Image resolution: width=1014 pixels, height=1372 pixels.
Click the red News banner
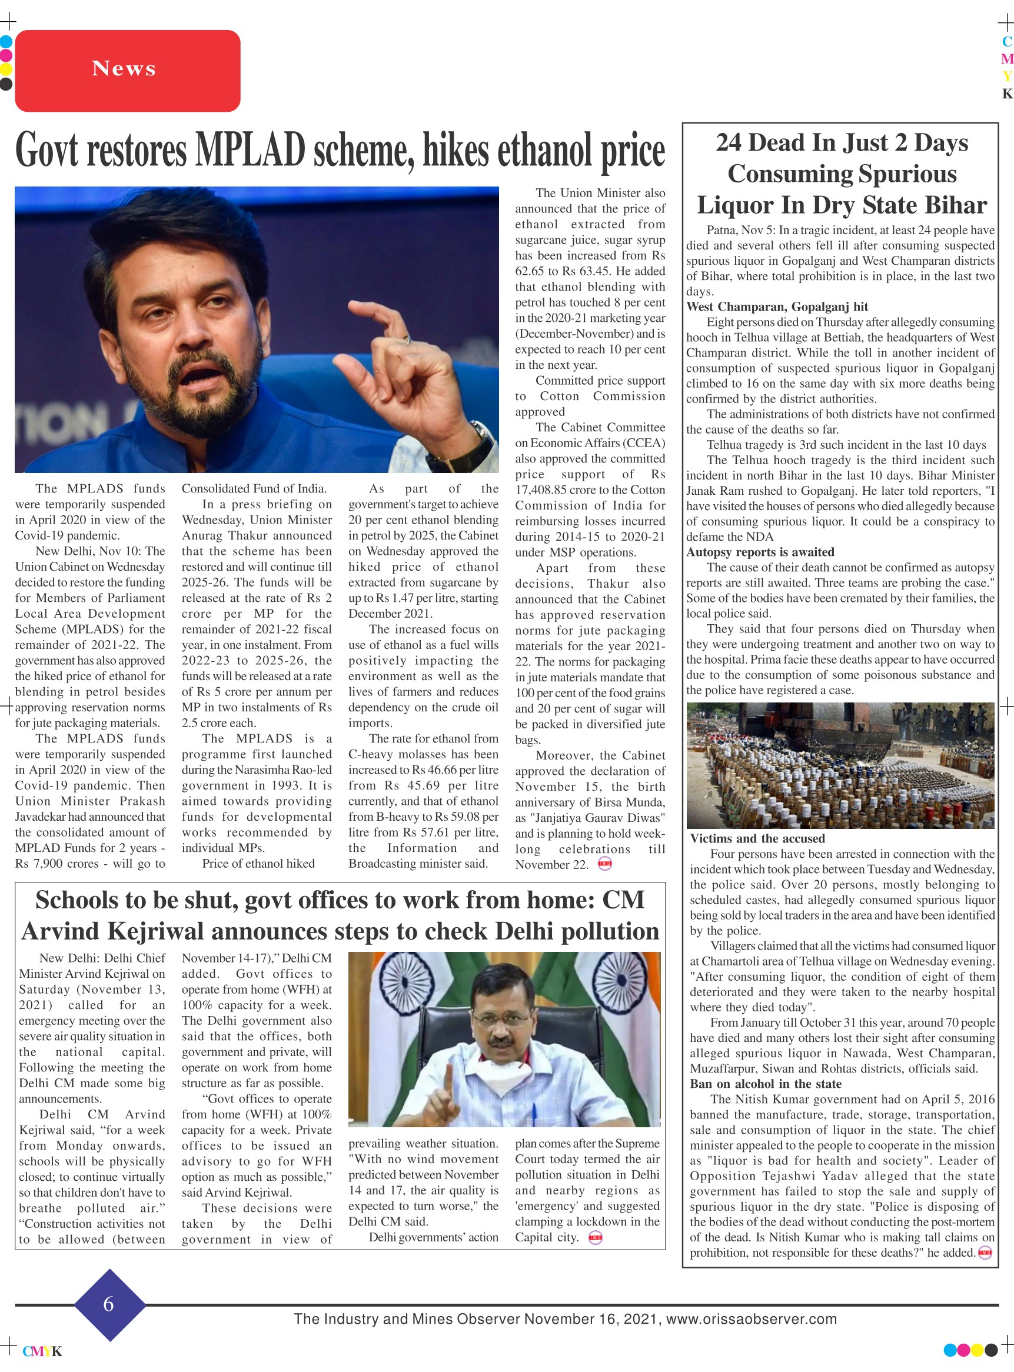[x=127, y=71]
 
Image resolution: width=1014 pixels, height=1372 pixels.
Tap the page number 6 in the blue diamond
[x=109, y=1303]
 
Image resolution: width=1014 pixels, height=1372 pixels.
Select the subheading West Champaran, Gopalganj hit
[x=777, y=307]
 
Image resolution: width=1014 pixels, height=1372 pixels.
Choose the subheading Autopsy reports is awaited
[x=760, y=552]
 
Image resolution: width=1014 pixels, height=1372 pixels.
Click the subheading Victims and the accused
[x=757, y=838]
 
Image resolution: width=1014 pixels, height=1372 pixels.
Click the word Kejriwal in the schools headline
[x=155, y=931]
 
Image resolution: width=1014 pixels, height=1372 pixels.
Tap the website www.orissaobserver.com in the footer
[x=752, y=1318]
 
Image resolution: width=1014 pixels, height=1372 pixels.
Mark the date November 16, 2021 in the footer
[x=591, y=1318]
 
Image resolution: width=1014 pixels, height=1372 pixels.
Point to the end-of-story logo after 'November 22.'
[x=604, y=864]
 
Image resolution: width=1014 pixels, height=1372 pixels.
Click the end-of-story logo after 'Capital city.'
[x=595, y=1237]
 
